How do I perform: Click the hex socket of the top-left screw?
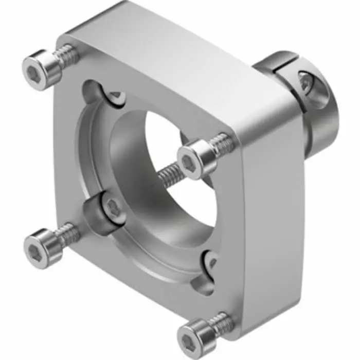pos(34,74)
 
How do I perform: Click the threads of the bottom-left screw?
pos(68,234)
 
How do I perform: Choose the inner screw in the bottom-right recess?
pos(212,263)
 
